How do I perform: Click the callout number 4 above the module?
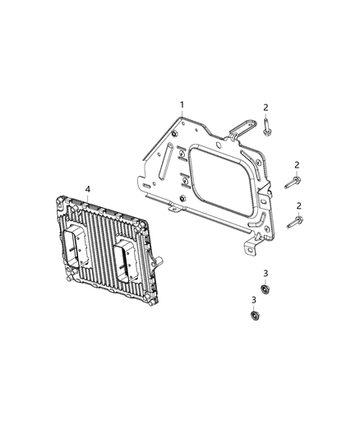click(87, 190)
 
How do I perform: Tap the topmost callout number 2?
click(266, 108)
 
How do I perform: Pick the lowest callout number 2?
click(298, 205)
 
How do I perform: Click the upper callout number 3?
click(265, 273)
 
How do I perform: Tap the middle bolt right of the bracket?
click(292, 183)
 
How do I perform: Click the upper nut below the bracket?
click(265, 288)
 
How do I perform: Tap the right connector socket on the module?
click(127, 259)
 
